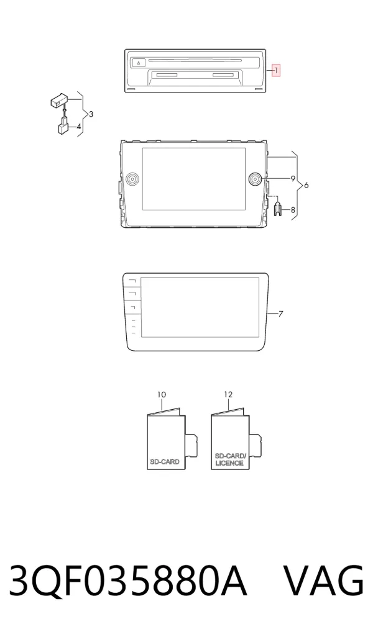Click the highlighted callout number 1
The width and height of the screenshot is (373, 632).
click(x=276, y=71)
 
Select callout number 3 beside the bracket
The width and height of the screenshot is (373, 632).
click(x=91, y=114)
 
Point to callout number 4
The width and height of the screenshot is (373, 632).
click(x=79, y=127)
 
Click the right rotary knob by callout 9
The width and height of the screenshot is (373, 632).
click(x=256, y=179)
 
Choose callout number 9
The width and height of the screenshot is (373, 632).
click(x=293, y=178)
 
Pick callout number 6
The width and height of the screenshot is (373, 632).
click(x=306, y=185)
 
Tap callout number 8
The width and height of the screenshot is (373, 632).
click(x=293, y=210)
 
